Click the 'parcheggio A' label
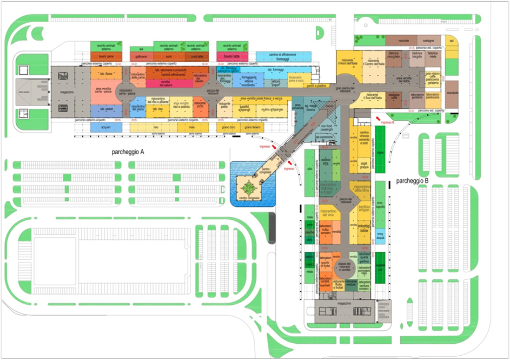127,152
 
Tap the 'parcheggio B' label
412,180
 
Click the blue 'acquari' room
105,127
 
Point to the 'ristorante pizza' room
200,109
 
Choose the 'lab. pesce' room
106,110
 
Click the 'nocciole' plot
403,41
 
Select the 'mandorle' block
452,94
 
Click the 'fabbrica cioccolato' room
393,56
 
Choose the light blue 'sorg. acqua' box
380,236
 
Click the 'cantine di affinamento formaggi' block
283,56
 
